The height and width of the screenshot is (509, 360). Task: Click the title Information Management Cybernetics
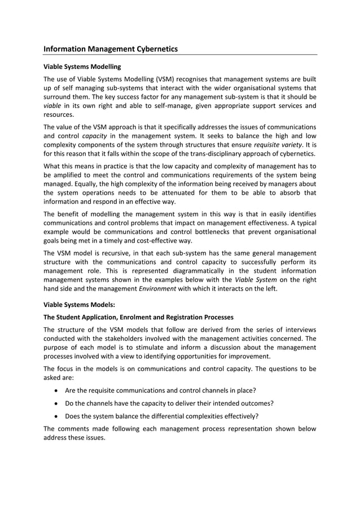(x=111, y=49)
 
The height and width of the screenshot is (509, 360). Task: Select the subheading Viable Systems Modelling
(x=82, y=67)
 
